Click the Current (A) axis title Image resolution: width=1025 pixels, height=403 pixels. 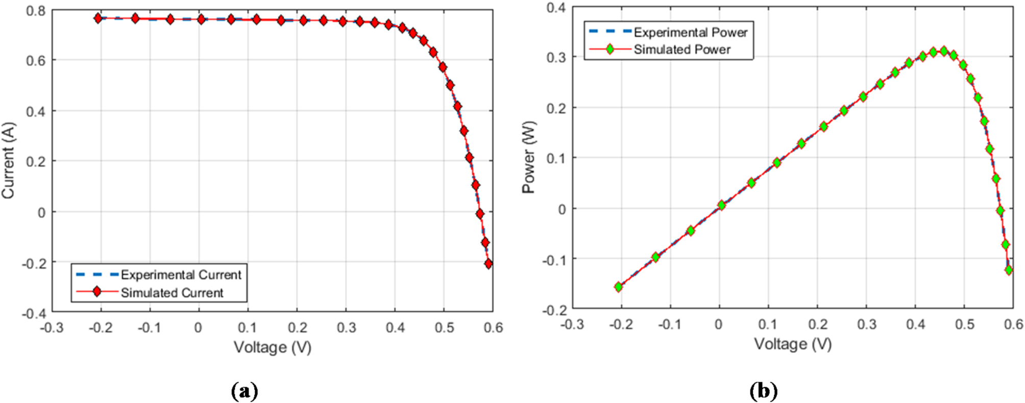point(9,160)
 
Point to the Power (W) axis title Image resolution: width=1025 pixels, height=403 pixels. point(529,157)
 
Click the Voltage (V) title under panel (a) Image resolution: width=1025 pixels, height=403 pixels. point(273,347)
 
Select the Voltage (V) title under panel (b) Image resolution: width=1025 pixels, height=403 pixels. point(793,344)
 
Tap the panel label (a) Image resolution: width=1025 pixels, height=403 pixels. point(245,391)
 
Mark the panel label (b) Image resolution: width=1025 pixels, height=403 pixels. point(764,391)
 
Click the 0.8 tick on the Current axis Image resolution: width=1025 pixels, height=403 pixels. point(36,11)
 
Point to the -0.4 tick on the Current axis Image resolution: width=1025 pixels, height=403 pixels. point(33,313)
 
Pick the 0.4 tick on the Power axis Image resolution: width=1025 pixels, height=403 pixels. point(556,8)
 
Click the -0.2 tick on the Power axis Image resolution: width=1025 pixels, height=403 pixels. point(554,310)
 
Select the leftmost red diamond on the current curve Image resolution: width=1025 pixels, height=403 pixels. point(98,18)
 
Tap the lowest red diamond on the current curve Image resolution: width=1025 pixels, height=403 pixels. point(489,264)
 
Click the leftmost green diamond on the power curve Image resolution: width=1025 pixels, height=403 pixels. point(619,287)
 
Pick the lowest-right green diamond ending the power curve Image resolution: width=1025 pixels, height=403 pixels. point(1009,270)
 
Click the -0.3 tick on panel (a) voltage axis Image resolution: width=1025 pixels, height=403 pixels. point(52,328)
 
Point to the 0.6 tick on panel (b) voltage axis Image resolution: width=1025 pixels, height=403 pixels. point(1013,324)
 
